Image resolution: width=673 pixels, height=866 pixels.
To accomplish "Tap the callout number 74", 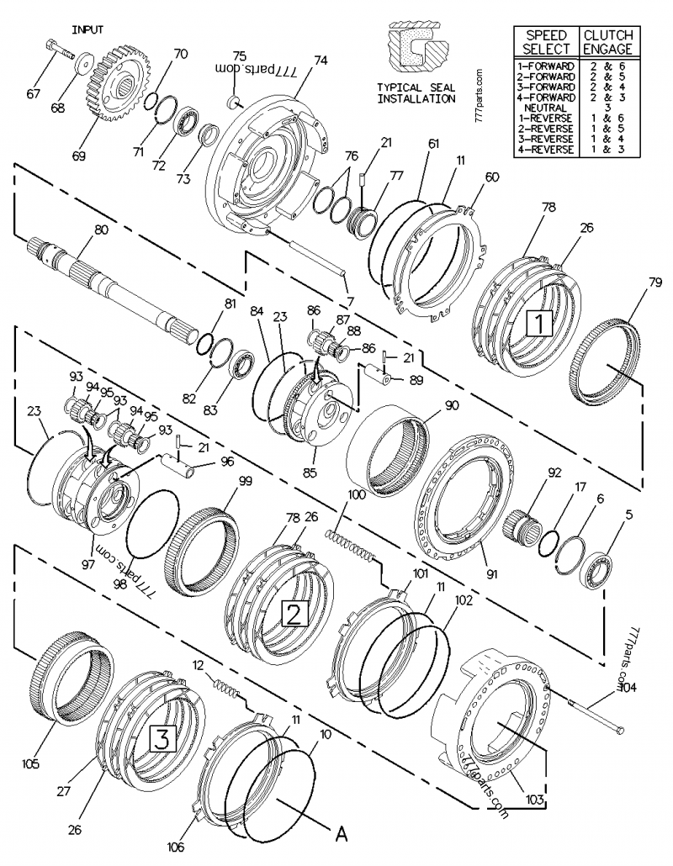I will point(321,60).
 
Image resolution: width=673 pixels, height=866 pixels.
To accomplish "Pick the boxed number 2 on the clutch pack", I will point(293,614).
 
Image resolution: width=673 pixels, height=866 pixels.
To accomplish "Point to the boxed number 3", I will point(163,739).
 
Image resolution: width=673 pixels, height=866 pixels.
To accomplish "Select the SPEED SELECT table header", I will point(547,43).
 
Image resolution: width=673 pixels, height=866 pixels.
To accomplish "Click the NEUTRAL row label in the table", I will point(545,108).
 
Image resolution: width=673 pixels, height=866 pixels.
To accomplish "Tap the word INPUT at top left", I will point(87,29).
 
